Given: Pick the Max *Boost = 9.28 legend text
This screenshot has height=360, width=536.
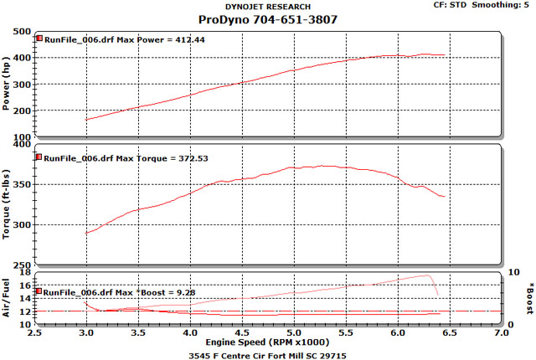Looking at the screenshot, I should (x=115, y=292).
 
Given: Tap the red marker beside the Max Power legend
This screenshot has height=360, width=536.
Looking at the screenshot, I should (x=39, y=39).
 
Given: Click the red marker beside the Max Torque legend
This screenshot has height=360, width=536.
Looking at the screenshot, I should (x=39, y=157).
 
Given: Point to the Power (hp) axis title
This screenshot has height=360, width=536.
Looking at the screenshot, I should (x=7, y=85).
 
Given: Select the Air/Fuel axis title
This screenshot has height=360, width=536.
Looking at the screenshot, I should (x=7, y=298).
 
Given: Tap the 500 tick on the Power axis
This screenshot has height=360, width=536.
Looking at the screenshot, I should (x=23, y=32).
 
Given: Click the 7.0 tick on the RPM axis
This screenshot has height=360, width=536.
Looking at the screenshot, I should (x=500, y=333).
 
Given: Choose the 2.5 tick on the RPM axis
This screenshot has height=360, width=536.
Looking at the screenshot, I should (x=34, y=333).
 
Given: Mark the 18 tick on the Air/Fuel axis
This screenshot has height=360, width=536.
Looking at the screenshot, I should (x=25, y=273).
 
